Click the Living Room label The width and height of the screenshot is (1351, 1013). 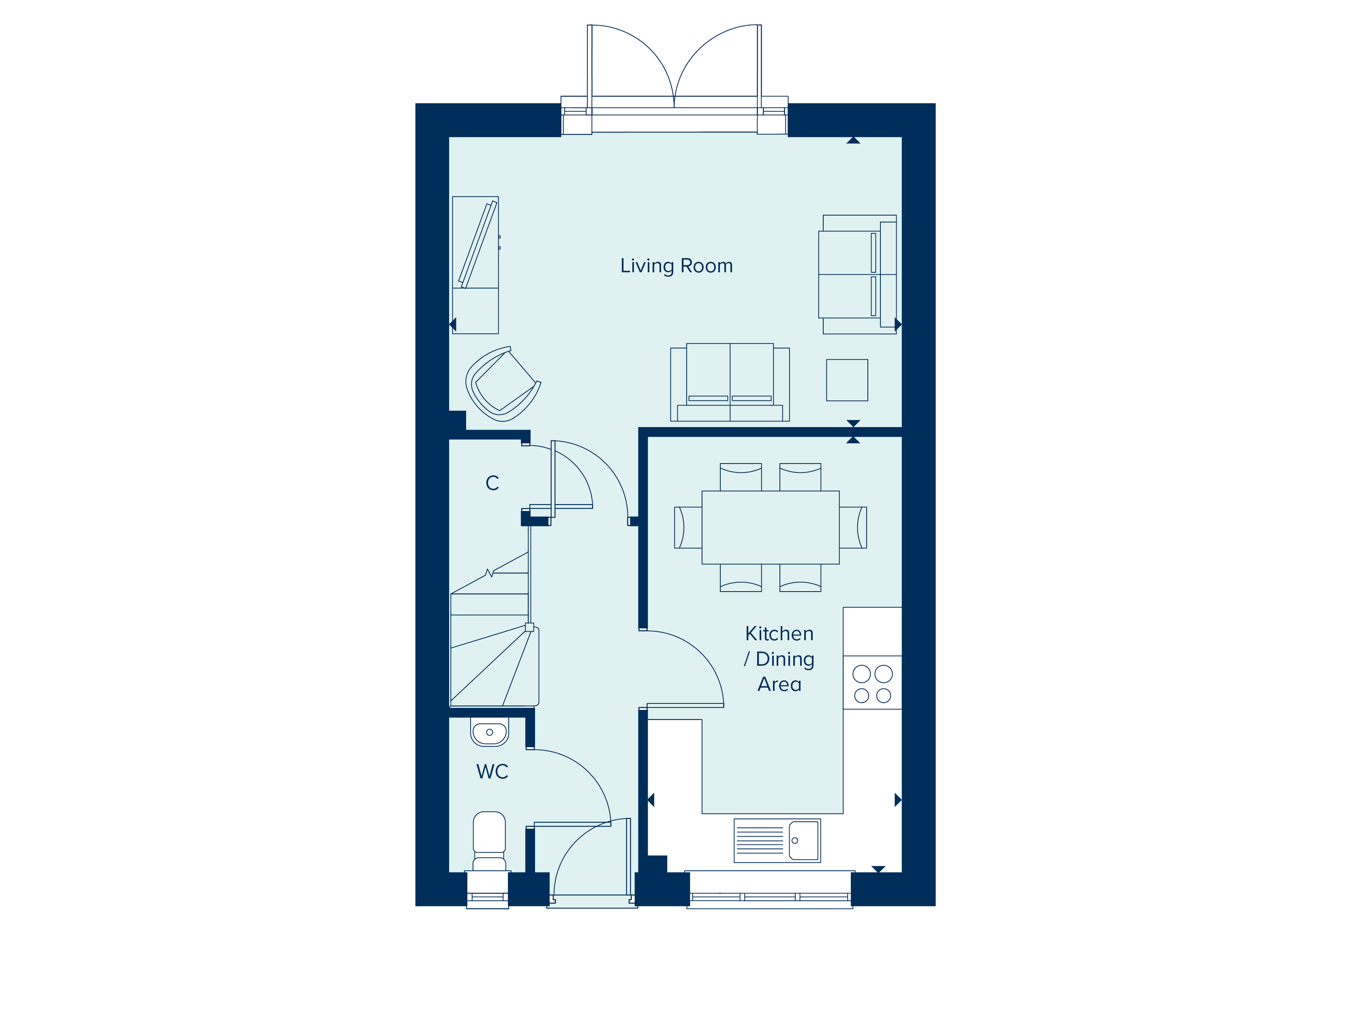click(676, 266)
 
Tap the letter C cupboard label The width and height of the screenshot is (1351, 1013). click(492, 483)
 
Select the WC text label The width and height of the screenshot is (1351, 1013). click(492, 771)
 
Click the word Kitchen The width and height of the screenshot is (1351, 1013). click(779, 633)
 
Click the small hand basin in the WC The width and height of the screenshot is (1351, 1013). click(489, 732)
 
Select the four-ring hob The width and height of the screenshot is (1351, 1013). click(872, 684)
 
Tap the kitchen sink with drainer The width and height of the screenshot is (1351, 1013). click(777, 840)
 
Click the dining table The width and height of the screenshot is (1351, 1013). click(770, 527)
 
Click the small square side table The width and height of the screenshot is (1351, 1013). click(847, 380)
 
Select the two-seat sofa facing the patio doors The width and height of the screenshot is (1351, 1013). click(730, 383)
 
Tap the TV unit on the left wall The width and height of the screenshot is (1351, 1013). click(475, 265)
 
